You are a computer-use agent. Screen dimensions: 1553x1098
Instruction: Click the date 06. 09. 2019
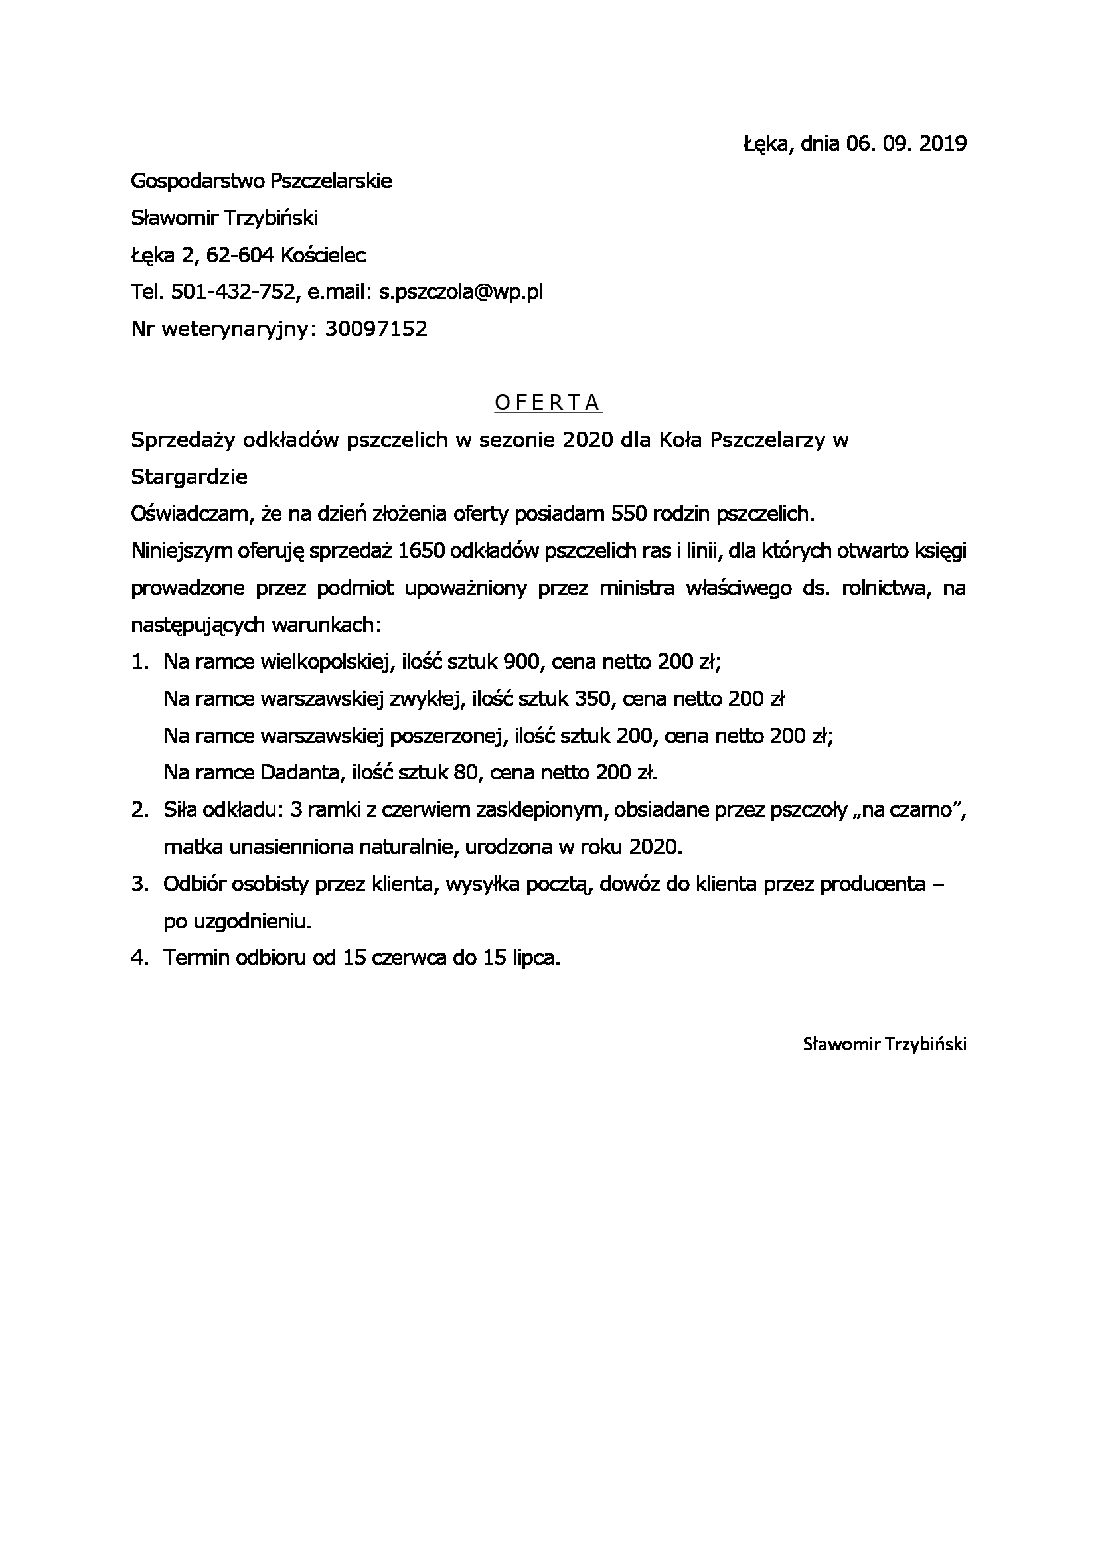[906, 143]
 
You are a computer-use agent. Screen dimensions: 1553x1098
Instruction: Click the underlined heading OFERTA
[548, 402]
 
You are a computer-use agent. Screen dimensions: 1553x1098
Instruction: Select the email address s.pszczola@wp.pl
[461, 291]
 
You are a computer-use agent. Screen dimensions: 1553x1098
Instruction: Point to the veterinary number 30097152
[376, 329]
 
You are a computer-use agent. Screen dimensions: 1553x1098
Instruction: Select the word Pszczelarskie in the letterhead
[331, 181]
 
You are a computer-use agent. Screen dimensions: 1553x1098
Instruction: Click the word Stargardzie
[189, 477]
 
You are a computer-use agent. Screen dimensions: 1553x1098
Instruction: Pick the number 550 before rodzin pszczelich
[629, 514]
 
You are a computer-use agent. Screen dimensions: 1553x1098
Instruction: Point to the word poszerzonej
[448, 736]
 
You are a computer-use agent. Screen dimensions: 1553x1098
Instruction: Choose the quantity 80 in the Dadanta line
[466, 772]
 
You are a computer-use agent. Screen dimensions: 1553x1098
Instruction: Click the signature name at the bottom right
[884, 1044]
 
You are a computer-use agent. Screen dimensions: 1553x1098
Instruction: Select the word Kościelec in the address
[323, 255]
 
